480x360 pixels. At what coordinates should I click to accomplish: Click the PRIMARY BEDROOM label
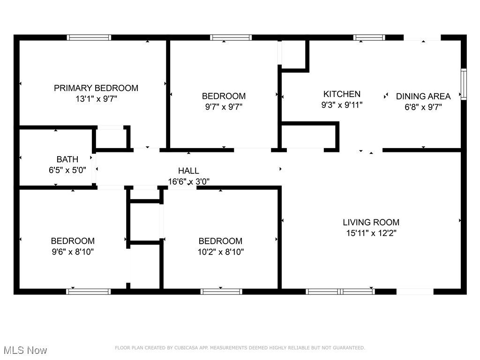(96, 88)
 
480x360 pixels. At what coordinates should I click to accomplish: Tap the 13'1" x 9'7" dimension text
(97, 99)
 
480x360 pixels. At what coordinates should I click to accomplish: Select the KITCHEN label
(342, 94)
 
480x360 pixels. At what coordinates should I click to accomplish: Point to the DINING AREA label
(423, 97)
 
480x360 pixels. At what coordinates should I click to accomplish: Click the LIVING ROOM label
(371, 222)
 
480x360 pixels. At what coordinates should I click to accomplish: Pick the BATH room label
(67, 159)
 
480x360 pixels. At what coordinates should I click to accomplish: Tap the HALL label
(188, 171)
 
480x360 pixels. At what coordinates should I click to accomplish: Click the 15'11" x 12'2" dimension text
(371, 233)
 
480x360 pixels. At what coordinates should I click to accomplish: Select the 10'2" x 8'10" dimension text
(221, 252)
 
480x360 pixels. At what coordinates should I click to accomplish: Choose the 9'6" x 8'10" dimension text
(73, 252)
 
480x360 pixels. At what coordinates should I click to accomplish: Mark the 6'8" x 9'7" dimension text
(423, 107)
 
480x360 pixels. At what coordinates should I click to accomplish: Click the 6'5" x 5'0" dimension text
(67, 170)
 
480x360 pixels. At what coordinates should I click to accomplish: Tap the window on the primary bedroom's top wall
(89, 37)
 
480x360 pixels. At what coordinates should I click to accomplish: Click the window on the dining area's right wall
(464, 84)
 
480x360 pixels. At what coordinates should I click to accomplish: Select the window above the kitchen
(369, 37)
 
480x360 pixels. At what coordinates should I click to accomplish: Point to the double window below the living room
(340, 292)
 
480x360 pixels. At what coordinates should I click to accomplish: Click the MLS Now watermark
(25, 350)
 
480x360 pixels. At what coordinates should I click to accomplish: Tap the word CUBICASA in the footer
(186, 348)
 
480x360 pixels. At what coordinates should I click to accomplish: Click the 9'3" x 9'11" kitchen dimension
(342, 105)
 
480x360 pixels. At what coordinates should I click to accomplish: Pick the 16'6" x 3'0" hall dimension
(188, 181)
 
